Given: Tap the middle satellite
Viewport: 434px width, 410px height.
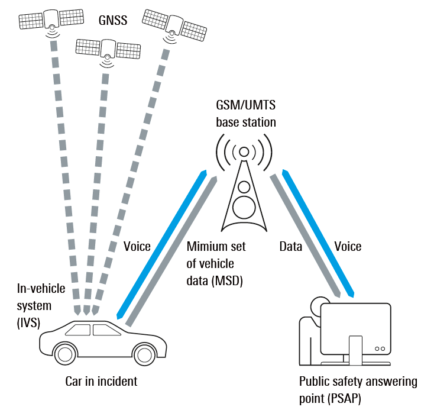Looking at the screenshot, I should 108,48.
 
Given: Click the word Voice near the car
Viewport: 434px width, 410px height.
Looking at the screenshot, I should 137,247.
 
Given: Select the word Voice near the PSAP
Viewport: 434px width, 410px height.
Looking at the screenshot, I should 348,247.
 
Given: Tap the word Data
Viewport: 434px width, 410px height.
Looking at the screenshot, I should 290,247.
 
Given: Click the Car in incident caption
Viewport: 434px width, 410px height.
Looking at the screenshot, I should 101,382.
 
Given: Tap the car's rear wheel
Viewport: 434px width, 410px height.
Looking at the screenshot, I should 64,354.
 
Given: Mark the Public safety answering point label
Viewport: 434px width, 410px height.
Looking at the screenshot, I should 357,389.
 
